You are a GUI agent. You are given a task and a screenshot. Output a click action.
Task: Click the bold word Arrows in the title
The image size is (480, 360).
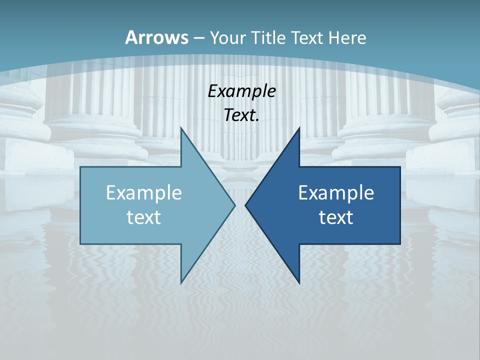(157, 37)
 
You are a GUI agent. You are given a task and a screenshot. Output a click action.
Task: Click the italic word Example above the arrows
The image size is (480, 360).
(241, 91)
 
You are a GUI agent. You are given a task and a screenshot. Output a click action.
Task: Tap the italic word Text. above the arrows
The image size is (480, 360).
(241, 115)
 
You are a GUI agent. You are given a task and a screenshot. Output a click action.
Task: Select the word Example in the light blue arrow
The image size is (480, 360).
(144, 192)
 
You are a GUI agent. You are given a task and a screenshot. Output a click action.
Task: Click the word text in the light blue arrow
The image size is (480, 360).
(144, 217)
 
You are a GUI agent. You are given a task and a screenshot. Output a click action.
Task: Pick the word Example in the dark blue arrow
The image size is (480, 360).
(336, 192)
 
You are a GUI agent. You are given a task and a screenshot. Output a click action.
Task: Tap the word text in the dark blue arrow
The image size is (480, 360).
(336, 217)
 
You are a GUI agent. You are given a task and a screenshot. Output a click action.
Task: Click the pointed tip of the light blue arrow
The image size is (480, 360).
(234, 205)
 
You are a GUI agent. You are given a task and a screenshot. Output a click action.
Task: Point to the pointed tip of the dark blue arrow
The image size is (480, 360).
(245, 205)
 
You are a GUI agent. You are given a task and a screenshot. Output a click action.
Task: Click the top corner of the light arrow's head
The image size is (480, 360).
(181, 128)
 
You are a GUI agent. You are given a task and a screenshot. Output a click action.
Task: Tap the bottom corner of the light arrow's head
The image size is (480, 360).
(181, 282)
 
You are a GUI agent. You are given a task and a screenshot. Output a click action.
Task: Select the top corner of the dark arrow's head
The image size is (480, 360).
(299, 128)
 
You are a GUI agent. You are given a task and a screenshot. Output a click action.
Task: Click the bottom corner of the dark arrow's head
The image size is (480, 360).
(299, 282)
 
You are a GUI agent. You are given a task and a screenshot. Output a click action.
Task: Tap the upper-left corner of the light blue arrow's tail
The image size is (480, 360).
(80, 167)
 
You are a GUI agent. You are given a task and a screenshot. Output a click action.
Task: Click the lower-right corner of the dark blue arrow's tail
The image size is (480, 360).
(400, 243)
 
